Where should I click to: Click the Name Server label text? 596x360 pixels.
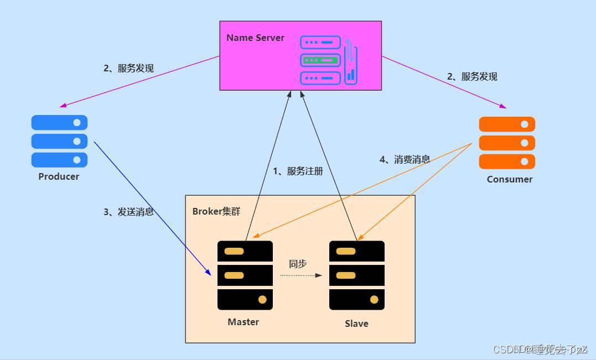point(255,38)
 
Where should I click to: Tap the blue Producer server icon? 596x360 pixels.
point(59,141)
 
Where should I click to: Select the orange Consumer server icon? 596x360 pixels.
point(507,143)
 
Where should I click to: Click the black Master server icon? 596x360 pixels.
point(245,275)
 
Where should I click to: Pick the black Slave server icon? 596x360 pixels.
point(357,275)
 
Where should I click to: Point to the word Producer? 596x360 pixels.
point(59,176)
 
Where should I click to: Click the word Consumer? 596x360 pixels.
point(510,179)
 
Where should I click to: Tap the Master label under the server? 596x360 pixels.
point(243,322)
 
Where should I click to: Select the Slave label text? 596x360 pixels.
point(356,324)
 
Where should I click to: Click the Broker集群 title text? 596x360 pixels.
point(216,211)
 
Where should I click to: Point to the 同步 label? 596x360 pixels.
point(298,264)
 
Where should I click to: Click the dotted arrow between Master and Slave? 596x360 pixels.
point(300,275)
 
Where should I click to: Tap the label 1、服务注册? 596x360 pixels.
point(298,171)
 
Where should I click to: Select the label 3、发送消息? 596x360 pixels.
point(128,212)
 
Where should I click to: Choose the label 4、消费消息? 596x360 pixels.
point(405,159)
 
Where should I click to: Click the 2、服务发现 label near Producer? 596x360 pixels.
point(128,68)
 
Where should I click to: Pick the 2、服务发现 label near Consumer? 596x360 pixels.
point(472,76)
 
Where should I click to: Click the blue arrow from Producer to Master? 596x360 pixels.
point(152,208)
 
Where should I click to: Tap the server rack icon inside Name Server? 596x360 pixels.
point(328,60)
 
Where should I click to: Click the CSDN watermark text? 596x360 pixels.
point(540,349)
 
